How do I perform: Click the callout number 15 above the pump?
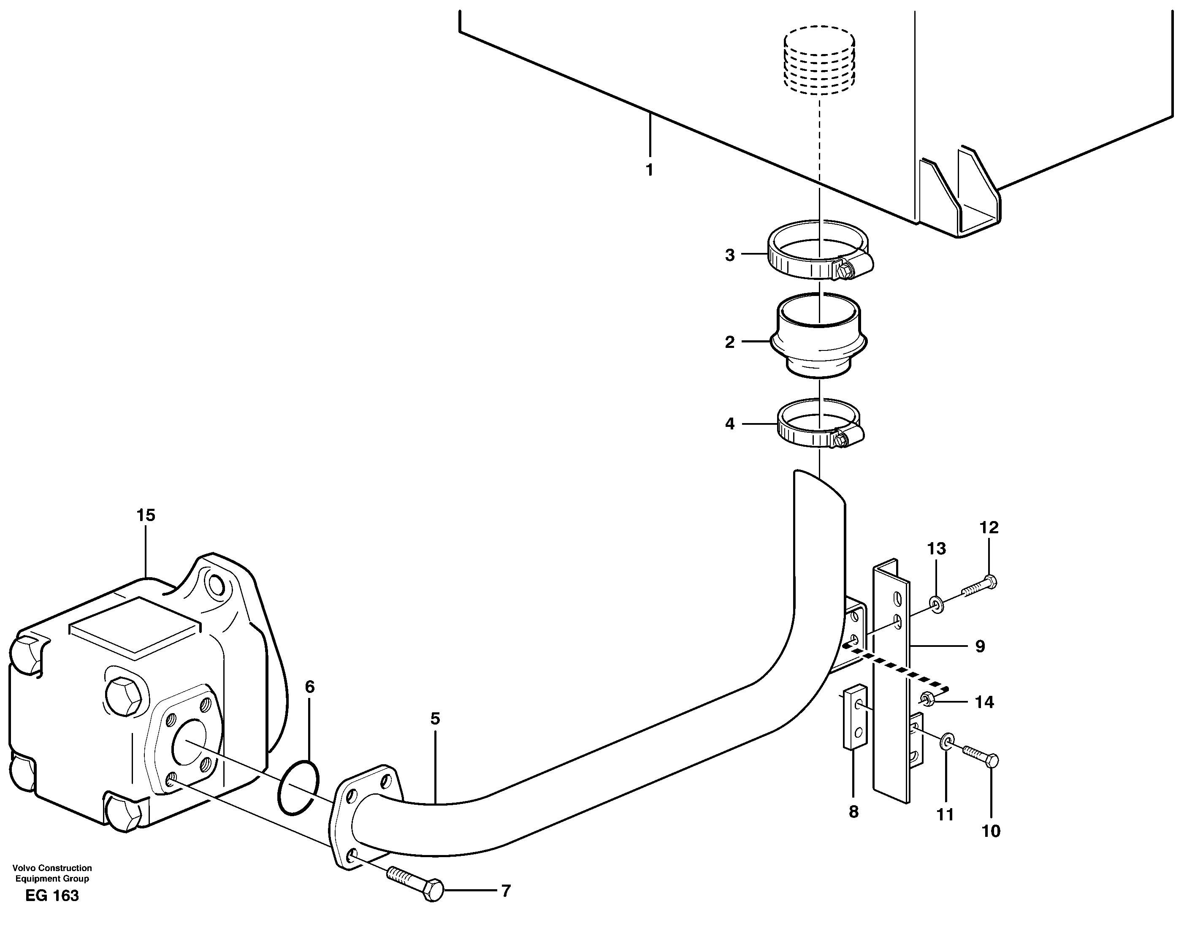(146, 515)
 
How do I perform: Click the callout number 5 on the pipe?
(435, 719)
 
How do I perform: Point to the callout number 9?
(980, 646)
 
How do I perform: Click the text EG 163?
(52, 896)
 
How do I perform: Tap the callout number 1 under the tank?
(649, 170)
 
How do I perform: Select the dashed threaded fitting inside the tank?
(819, 60)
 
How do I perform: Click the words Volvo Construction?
(52, 868)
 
